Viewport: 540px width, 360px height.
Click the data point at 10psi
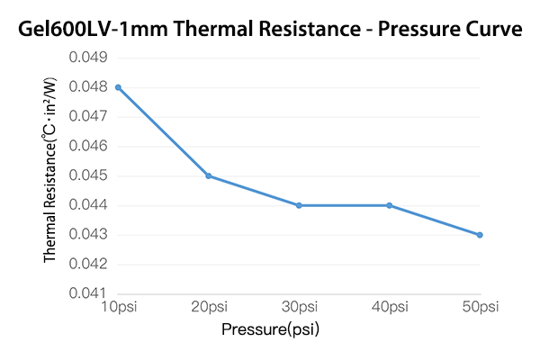(118, 87)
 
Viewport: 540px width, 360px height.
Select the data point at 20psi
(209, 175)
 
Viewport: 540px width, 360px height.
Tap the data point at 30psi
(299, 205)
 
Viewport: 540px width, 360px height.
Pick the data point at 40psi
(390, 205)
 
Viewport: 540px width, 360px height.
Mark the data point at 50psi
(480, 235)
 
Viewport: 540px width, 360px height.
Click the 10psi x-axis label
(118, 307)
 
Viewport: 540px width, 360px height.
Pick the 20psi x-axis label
(209, 307)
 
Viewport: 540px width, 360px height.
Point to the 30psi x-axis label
(299, 307)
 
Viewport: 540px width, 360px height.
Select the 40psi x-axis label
(390, 307)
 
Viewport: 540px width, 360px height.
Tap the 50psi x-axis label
(480, 307)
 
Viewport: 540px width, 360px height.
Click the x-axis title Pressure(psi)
(271, 329)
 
